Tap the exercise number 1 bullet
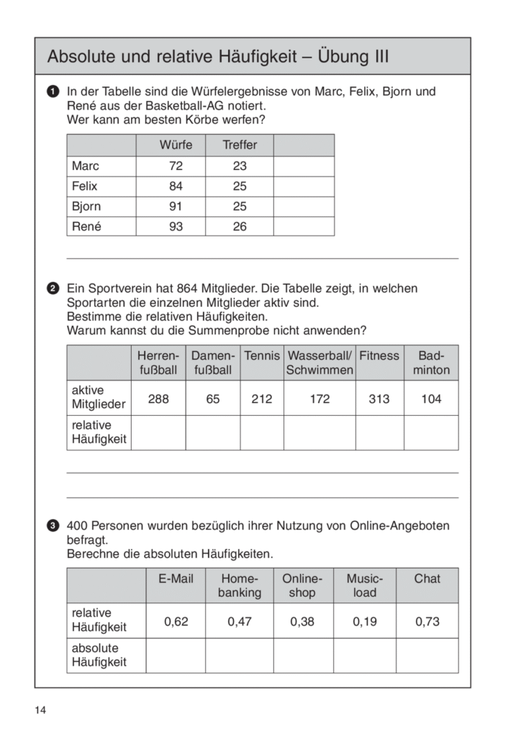(x=53, y=92)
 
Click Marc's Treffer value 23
(x=240, y=166)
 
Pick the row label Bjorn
(x=86, y=206)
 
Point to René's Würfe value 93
(x=176, y=226)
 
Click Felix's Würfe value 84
(x=176, y=186)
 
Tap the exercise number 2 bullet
(x=53, y=289)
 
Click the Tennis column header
(x=262, y=356)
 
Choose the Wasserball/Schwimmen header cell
(x=320, y=363)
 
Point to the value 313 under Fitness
(x=379, y=399)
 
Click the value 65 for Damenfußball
(x=213, y=399)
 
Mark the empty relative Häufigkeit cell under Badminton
(x=431, y=432)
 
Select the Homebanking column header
(x=240, y=585)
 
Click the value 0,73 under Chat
(x=427, y=621)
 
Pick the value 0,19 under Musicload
(x=365, y=621)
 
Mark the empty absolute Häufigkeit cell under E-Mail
(x=176, y=654)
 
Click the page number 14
(x=40, y=711)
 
